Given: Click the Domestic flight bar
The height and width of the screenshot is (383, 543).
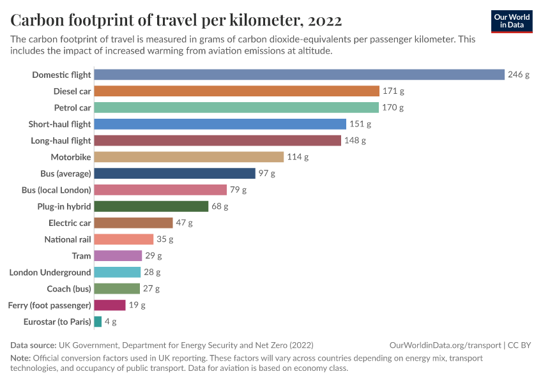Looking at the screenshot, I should [x=299, y=75].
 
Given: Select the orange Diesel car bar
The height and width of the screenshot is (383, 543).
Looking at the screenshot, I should [x=236, y=91].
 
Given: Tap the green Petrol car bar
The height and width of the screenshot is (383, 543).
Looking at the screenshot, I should [x=236, y=107].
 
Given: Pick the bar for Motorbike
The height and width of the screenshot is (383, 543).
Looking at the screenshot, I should [x=188, y=157].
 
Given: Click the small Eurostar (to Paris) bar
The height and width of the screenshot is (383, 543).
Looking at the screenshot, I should [x=98, y=322].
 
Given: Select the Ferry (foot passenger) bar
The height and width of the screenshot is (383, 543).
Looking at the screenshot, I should [x=110, y=305].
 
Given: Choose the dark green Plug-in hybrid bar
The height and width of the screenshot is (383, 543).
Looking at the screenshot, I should [x=151, y=206].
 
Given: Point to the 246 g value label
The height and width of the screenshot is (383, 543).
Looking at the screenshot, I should [x=519, y=75].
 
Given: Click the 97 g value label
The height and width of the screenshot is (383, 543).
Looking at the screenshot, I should [x=267, y=174].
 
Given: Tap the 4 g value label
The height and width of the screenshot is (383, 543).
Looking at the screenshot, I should [x=111, y=322].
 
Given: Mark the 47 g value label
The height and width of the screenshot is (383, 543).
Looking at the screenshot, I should [x=184, y=223].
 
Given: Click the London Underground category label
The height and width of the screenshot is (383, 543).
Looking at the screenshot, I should [x=50, y=273].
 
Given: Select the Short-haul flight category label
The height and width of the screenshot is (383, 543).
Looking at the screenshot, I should [x=60, y=124].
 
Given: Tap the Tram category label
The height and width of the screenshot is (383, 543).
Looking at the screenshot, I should [x=82, y=256].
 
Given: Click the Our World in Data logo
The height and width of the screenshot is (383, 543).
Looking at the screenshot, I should [x=512, y=21].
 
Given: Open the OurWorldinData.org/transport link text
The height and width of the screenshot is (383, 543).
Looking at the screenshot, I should [x=445, y=345].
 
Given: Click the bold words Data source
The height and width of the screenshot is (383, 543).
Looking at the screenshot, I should [x=33, y=345].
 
